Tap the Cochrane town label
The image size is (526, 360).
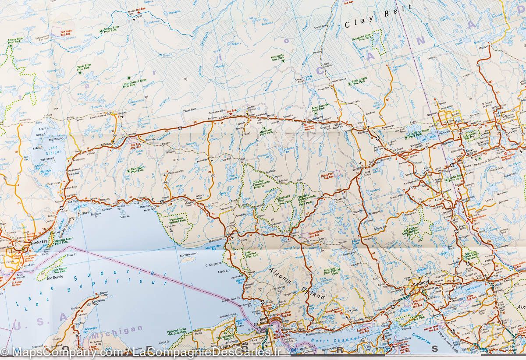pyautogui.click(x=360, y=132)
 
